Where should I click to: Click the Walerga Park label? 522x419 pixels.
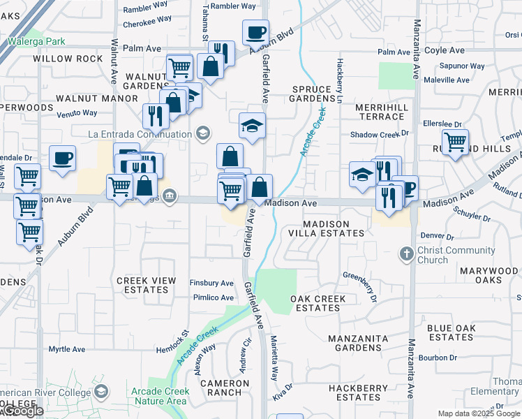tap(36, 41)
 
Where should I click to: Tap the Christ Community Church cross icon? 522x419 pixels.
tap(407, 254)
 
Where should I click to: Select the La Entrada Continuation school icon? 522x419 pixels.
tap(202, 133)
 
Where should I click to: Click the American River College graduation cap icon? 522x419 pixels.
tap(102, 392)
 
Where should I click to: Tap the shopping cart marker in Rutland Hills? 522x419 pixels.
tap(455, 142)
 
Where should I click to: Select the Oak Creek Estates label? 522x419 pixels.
tap(318, 303)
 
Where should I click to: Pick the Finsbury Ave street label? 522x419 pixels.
tap(211, 284)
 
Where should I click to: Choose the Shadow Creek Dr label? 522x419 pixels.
tap(379, 134)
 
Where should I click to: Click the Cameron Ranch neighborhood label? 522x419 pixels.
tap(224, 388)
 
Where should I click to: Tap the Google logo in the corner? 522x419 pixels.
tap(22, 411)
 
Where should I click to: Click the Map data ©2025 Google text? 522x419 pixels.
tap(478, 414)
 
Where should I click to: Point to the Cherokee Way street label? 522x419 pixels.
tap(147, 20)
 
